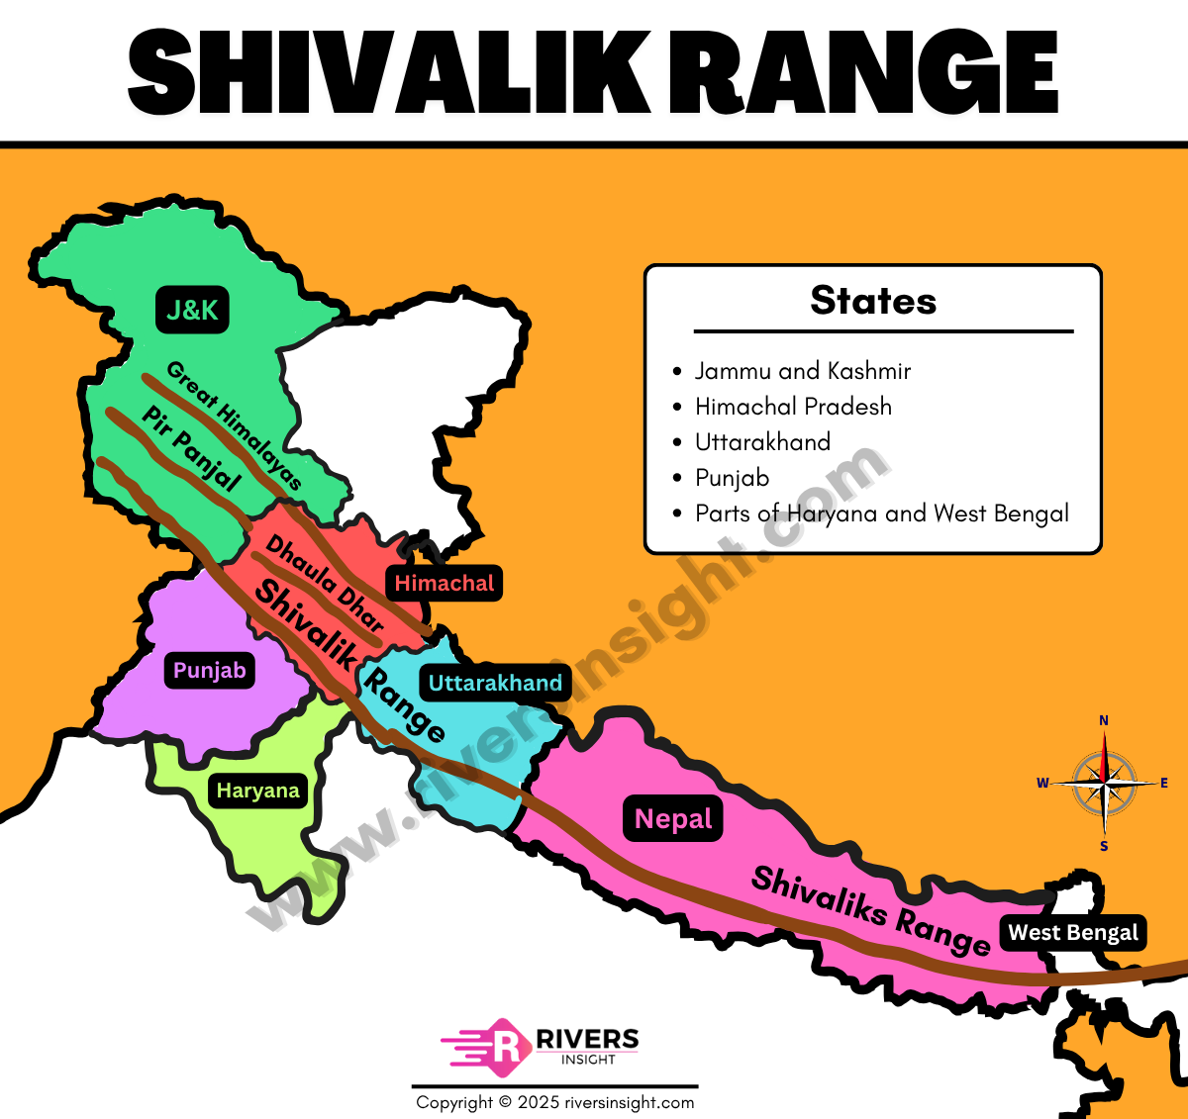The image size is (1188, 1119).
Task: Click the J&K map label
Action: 192,310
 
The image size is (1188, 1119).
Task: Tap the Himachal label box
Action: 444,584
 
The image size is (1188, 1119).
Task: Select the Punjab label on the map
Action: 209,671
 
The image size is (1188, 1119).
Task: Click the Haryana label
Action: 257,791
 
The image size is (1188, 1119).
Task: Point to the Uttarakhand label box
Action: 495,683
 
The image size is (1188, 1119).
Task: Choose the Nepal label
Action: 673,819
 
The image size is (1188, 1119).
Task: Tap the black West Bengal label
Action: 1073,933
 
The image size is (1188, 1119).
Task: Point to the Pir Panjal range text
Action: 191,448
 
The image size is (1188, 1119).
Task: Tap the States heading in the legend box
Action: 873,301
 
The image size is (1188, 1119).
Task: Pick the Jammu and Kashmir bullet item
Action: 802,371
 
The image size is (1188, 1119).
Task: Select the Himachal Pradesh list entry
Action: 793,407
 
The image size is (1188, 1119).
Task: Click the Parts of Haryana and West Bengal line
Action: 881,513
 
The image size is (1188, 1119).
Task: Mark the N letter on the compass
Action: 1104,720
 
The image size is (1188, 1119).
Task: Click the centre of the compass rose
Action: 1104,783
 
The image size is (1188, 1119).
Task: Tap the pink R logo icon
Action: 504,1047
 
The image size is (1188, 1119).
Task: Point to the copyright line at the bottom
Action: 555,1102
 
